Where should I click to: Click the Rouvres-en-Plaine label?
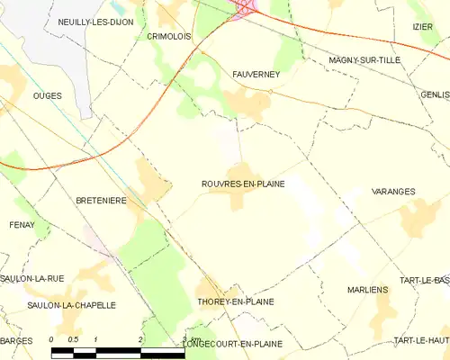pyautogui.click(x=242, y=184)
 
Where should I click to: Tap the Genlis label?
pyautogui.click(x=434, y=94)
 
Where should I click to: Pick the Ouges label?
pyautogui.click(x=47, y=94)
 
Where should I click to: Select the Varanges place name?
pyautogui.click(x=393, y=192)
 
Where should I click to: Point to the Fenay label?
pyautogui.click(x=21, y=224)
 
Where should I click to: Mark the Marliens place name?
pyautogui.click(x=367, y=290)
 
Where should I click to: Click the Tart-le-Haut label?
pyautogui.click(x=421, y=340)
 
